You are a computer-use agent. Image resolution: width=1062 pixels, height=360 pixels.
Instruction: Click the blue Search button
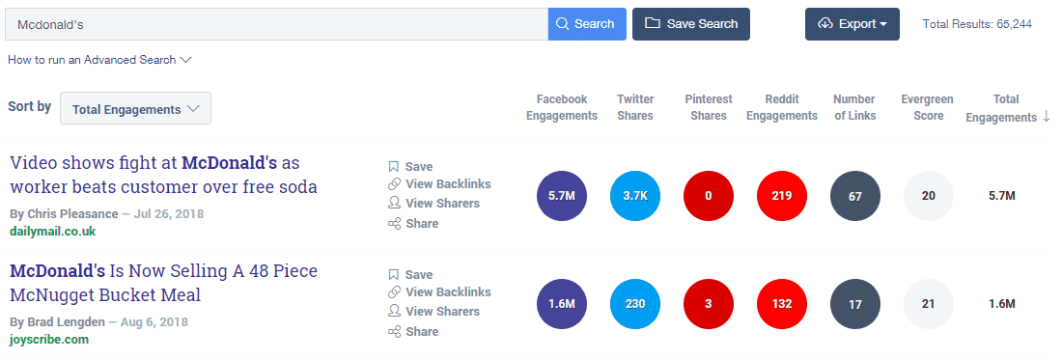click(x=587, y=24)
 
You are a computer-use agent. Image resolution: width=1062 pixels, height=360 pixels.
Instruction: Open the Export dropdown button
click(x=852, y=24)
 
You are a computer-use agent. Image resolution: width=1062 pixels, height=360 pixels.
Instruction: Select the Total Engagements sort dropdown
click(x=135, y=109)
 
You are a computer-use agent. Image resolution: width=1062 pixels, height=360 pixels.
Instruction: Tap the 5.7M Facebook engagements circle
click(x=561, y=196)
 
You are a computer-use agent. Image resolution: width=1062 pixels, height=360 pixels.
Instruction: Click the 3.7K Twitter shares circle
click(x=635, y=196)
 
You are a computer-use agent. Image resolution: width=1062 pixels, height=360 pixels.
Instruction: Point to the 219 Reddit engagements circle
click(x=782, y=196)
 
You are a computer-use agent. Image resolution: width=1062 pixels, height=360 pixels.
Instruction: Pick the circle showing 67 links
click(x=855, y=196)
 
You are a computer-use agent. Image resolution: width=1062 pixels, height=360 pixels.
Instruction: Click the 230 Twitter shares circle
click(x=635, y=304)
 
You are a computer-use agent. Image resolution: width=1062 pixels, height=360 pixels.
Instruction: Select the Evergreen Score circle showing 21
click(x=929, y=304)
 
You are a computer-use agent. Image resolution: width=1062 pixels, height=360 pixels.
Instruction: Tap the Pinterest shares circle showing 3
click(x=709, y=304)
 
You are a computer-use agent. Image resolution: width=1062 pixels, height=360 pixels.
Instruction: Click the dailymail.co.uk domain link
click(x=52, y=232)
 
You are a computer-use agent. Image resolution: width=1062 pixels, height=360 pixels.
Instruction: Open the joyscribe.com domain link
click(x=49, y=340)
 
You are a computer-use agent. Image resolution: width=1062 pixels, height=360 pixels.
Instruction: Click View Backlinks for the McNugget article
click(x=447, y=292)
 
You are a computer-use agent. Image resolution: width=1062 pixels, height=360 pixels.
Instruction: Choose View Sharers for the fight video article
click(x=441, y=204)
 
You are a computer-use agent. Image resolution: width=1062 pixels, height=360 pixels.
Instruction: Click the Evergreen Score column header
click(x=928, y=107)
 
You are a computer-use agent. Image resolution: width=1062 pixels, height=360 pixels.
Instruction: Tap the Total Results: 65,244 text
click(x=977, y=24)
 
